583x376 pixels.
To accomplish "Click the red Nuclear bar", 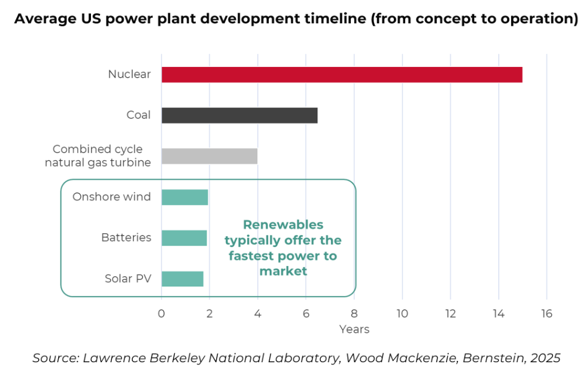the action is pos(342,75).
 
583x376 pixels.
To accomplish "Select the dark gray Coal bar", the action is pos(239,115).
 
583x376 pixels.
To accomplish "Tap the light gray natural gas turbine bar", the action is pos(209,156).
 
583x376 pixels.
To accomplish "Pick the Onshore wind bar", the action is pos(184,197).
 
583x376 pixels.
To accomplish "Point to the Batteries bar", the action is pos(184,238).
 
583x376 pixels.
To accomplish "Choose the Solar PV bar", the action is pos(182,279).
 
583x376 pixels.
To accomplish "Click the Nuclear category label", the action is pos(129,74).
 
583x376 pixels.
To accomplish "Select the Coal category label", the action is pos(138,115).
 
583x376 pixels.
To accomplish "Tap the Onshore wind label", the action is pos(111,197).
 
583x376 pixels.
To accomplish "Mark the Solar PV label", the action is pos(128,279).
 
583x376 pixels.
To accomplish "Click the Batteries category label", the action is pos(126,237).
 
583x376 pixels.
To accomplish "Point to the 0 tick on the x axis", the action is pos(162,314).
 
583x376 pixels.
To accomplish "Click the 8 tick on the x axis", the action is pos(354,314).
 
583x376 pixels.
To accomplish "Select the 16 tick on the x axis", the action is pos(546,314).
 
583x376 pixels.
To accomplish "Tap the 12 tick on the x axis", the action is pos(450,314).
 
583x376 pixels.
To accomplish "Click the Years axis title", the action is pos(354,329).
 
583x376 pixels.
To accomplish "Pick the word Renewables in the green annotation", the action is pos(283,225).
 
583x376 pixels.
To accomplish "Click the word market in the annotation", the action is pos(283,271).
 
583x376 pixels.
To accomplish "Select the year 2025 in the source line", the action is pos(545,358).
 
